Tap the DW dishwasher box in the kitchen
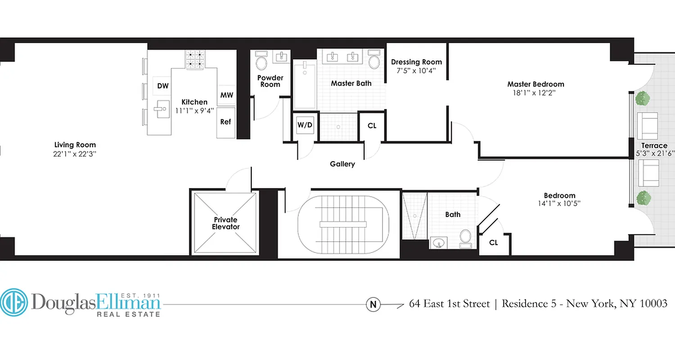(162, 85)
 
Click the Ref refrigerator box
(225, 121)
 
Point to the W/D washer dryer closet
(305, 126)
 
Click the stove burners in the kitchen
(195, 58)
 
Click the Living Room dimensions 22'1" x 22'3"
(75, 153)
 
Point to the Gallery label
(342, 164)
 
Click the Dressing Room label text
(416, 62)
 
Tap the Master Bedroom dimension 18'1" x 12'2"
(535, 93)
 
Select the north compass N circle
(373, 305)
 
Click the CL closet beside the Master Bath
(372, 126)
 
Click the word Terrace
(654, 146)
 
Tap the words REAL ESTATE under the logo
(129, 314)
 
